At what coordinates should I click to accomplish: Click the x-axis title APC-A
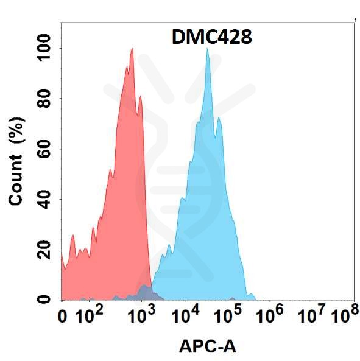coord(207,346)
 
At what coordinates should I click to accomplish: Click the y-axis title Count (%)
coord(16,164)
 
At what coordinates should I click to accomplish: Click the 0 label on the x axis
coord(63,317)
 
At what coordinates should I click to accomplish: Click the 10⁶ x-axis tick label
coord(270,315)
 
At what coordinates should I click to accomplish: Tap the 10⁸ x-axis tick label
coord(344,315)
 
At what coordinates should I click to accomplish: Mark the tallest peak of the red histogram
coord(132,50)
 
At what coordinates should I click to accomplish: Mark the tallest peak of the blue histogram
coord(208,50)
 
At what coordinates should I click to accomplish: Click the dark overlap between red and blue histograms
coord(144,292)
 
